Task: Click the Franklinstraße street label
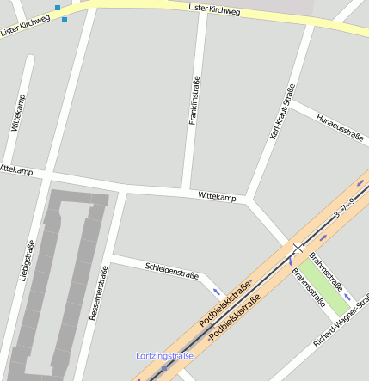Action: pos(194,101)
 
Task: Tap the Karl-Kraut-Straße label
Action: pos(282,112)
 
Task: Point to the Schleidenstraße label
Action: pos(172,271)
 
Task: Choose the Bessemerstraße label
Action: pos(98,293)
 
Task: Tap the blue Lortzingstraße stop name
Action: pos(165,355)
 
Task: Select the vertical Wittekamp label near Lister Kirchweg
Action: pos(19,112)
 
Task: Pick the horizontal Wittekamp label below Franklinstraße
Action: pos(217,197)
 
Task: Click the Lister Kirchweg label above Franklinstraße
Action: pos(214,11)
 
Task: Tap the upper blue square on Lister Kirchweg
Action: pos(58,8)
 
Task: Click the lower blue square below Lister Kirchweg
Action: pos(65,19)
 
